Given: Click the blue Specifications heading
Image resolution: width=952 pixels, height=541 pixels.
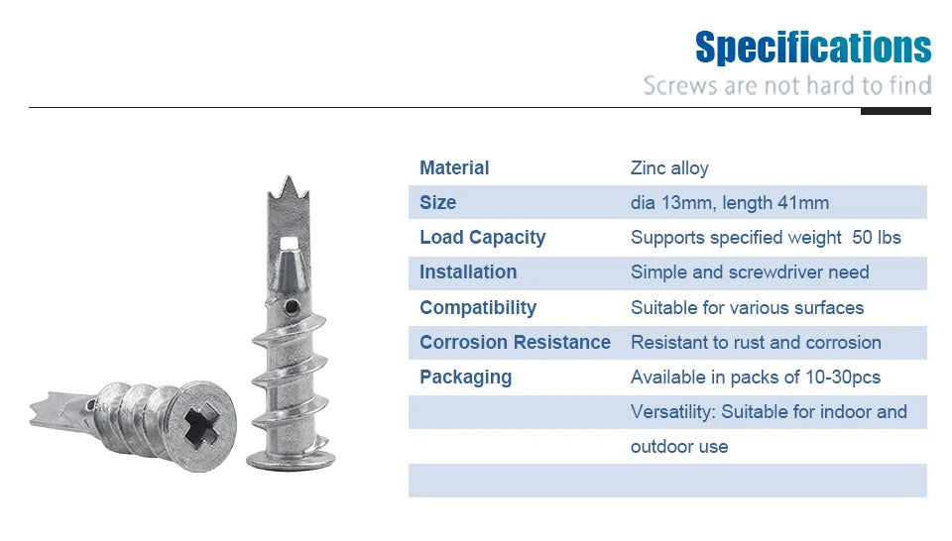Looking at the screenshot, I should [813, 47].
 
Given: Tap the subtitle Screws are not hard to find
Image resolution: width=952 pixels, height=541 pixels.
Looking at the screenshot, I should [786, 85].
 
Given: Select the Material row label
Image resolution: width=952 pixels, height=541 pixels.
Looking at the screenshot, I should [454, 167].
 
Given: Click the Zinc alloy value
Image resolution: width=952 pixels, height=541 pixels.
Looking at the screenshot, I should [669, 167].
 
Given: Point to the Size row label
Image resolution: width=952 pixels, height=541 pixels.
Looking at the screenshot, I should [437, 202].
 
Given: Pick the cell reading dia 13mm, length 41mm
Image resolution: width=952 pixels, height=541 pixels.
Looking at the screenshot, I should [729, 203].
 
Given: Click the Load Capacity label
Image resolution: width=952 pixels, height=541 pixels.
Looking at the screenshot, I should [482, 237].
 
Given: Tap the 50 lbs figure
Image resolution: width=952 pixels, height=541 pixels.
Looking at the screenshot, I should [877, 238].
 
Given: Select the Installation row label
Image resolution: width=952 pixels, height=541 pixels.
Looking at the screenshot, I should [468, 271].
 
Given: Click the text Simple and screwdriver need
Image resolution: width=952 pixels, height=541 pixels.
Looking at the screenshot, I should [750, 272].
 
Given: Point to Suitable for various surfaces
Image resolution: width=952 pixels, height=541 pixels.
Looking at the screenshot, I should [747, 307].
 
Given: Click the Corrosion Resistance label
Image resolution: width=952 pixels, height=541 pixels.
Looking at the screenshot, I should [515, 342].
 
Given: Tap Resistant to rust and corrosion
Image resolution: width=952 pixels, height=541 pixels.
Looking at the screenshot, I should [756, 342].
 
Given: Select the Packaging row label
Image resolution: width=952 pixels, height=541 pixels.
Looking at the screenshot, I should [465, 377].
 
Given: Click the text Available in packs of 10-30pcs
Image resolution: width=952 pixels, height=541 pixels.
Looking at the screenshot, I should [756, 377].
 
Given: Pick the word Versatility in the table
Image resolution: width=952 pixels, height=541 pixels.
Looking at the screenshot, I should [672, 411].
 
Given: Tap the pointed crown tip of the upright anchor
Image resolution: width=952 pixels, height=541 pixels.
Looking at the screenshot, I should [284, 185].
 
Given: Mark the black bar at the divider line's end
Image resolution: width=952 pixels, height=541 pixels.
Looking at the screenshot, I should [895, 111].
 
